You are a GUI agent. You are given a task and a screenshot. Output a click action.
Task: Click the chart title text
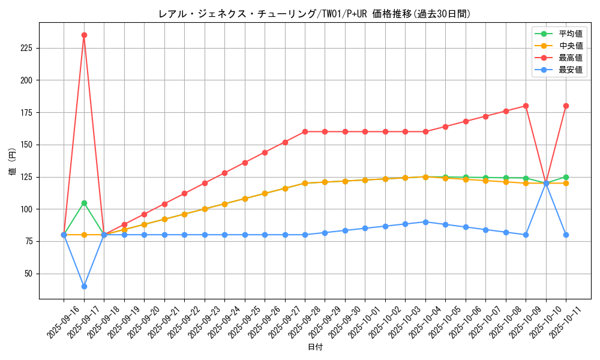(314, 14)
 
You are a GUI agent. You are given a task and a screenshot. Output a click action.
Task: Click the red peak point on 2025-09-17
(84, 35)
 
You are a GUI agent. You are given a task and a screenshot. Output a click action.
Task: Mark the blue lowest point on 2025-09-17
(84, 286)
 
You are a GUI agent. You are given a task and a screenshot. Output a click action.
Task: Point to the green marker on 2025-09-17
(84, 203)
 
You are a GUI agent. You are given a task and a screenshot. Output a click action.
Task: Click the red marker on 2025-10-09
(526, 106)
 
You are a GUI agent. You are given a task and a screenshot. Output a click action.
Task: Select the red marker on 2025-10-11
(566, 106)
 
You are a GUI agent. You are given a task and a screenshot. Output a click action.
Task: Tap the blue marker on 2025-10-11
(566, 235)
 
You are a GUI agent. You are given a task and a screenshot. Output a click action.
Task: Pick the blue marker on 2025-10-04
(425, 222)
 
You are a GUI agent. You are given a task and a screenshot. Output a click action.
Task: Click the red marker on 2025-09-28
(305, 131)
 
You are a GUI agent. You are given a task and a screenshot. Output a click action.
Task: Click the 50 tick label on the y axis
(28, 274)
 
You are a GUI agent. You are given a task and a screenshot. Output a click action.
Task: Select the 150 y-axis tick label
(26, 145)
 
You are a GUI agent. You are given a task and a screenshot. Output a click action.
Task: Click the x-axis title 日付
(315, 347)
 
